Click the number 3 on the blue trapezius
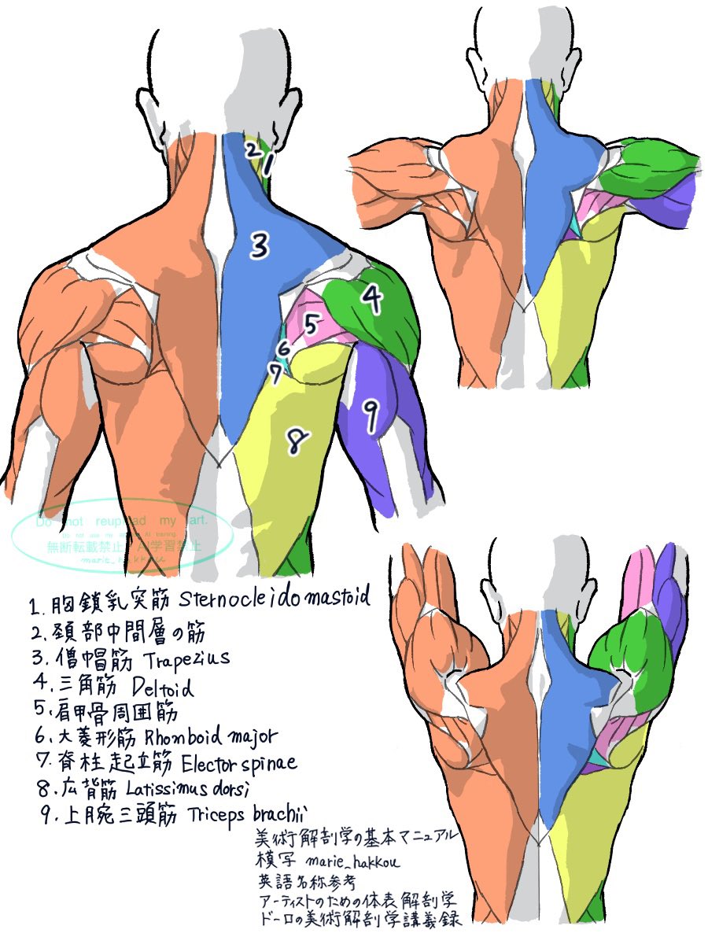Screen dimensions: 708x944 (260, 246)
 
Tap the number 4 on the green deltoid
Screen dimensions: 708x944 (371, 297)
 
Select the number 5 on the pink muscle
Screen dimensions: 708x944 (312, 323)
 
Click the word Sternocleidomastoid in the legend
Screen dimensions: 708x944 (274, 600)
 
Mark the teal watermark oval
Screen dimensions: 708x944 (122, 536)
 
